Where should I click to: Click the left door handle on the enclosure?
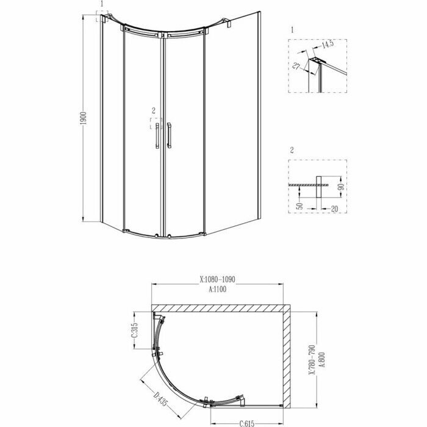coord(157,135)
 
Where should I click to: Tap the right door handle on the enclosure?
coord(169,135)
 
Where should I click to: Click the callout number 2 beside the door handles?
coord(154,111)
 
